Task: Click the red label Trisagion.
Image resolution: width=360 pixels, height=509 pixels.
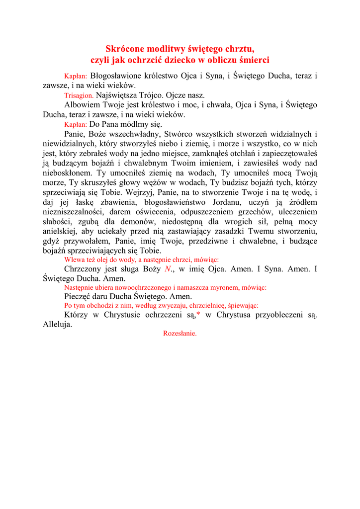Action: (79, 95)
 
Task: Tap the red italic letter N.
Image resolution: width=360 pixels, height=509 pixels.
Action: (168, 269)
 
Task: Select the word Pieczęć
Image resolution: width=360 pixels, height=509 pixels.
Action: (79, 297)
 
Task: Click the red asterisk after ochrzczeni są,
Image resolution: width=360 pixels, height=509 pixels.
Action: (198, 315)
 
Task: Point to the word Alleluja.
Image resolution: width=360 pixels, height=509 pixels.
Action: (57, 325)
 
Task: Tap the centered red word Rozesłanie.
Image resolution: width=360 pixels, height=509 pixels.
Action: (180, 334)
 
